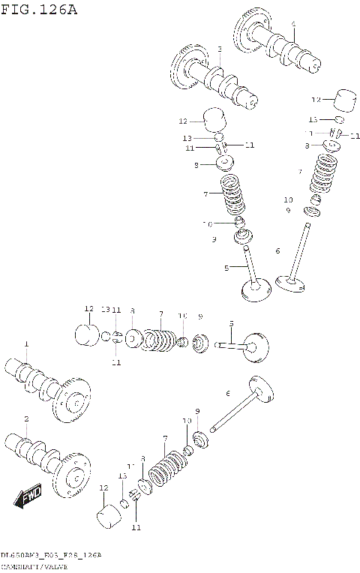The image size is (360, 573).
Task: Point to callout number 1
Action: (25, 343)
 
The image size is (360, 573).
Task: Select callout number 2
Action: (25, 418)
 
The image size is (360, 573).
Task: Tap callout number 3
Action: (219, 49)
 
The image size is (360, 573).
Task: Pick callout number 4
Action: (293, 24)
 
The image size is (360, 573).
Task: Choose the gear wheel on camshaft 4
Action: (249, 30)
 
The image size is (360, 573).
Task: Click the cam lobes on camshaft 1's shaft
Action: (34, 375)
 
